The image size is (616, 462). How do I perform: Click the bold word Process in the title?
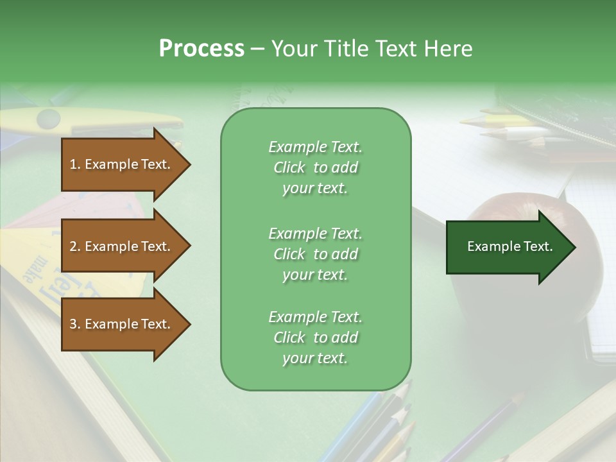(201, 49)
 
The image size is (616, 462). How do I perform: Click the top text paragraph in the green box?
(315, 167)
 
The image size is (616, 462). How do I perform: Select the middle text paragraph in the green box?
(315, 254)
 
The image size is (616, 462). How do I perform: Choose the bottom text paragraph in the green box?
(315, 338)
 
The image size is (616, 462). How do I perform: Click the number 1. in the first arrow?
(75, 164)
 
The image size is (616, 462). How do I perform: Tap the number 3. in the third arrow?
(75, 324)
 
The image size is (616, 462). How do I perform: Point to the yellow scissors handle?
(48, 118)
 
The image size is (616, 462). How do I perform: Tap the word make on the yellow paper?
(32, 270)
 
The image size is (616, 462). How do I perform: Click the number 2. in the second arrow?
(75, 246)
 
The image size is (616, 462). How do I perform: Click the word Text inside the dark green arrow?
(538, 246)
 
